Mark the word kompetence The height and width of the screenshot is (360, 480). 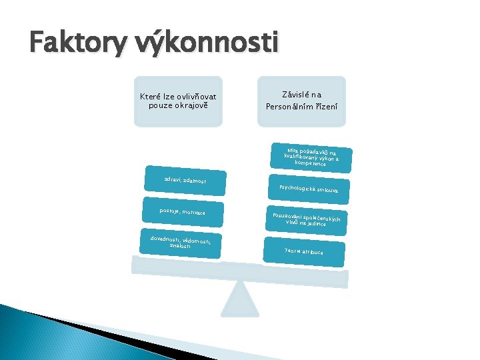[309, 163]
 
